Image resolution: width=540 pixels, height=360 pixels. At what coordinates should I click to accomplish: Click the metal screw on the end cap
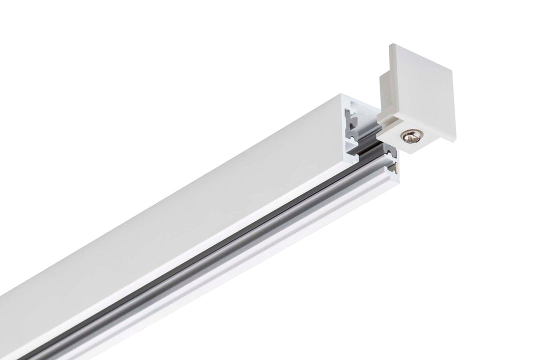click(410, 135)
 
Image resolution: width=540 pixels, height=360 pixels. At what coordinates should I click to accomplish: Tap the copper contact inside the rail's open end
click(397, 167)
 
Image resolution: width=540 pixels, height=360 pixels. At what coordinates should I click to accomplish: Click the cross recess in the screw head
click(410, 135)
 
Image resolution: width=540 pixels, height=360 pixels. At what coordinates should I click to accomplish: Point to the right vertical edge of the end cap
click(454, 95)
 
